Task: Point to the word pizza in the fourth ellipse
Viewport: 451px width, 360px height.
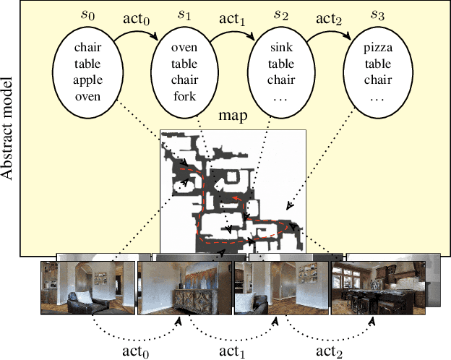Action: tap(377, 48)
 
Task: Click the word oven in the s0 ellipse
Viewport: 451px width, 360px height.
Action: tap(90, 95)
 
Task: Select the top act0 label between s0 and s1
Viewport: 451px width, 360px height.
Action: tap(136, 15)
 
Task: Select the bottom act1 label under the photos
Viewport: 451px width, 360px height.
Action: tap(233, 351)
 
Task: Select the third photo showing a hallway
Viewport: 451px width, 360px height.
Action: tap(281, 289)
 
